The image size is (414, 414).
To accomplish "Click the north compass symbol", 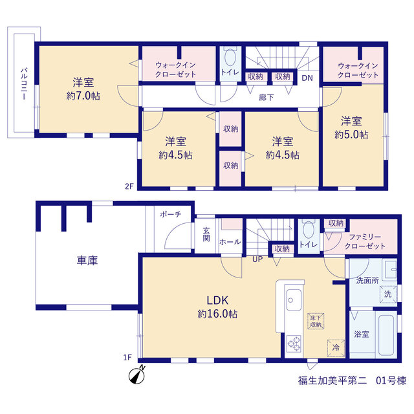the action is point(137,375).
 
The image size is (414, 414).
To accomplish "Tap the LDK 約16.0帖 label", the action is point(217,307).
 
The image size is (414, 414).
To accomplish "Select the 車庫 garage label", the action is point(87,260).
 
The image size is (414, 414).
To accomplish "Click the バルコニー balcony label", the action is point(24,83).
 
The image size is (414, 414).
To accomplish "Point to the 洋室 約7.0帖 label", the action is point(83,89).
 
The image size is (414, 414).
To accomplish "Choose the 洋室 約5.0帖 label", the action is point(351,128).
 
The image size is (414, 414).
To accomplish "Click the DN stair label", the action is point(307,78).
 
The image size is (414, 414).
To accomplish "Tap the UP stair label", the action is point(257,259).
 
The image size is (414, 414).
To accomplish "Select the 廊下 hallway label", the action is point(266,98).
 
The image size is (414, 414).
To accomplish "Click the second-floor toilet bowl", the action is point(230,58).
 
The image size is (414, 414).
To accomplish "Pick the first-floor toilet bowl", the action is point(308,229).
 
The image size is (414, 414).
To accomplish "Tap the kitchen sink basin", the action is point(294,300).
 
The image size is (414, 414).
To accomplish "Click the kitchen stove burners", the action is point(294,343).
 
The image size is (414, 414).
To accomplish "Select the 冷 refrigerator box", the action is point(336,348).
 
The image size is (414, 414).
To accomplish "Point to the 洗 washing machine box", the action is point(388,294).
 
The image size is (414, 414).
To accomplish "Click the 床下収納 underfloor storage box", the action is point(316,321).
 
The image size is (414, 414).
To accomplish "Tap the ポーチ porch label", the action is point(171,214).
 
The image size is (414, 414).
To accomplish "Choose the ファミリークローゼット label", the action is point(365,241).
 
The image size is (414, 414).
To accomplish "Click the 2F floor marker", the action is point(129,186).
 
